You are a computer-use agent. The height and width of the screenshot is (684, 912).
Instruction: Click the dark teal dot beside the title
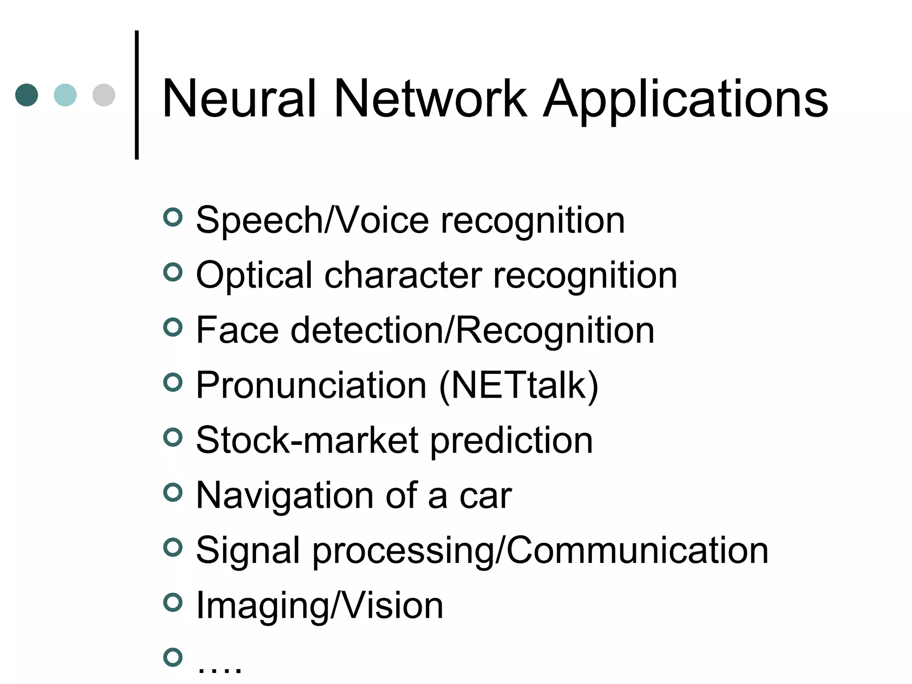point(27,95)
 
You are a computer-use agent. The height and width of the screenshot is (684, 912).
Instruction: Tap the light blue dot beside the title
point(65,95)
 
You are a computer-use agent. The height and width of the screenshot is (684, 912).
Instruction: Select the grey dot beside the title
point(104,95)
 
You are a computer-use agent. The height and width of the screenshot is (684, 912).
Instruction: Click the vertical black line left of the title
point(137,95)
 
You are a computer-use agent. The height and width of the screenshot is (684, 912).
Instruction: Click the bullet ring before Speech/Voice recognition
point(173,217)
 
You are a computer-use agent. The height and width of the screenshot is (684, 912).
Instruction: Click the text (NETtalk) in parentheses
point(519,386)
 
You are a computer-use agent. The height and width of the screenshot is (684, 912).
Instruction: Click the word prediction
point(511,441)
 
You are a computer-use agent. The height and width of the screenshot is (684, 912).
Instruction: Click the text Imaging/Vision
point(319,606)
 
